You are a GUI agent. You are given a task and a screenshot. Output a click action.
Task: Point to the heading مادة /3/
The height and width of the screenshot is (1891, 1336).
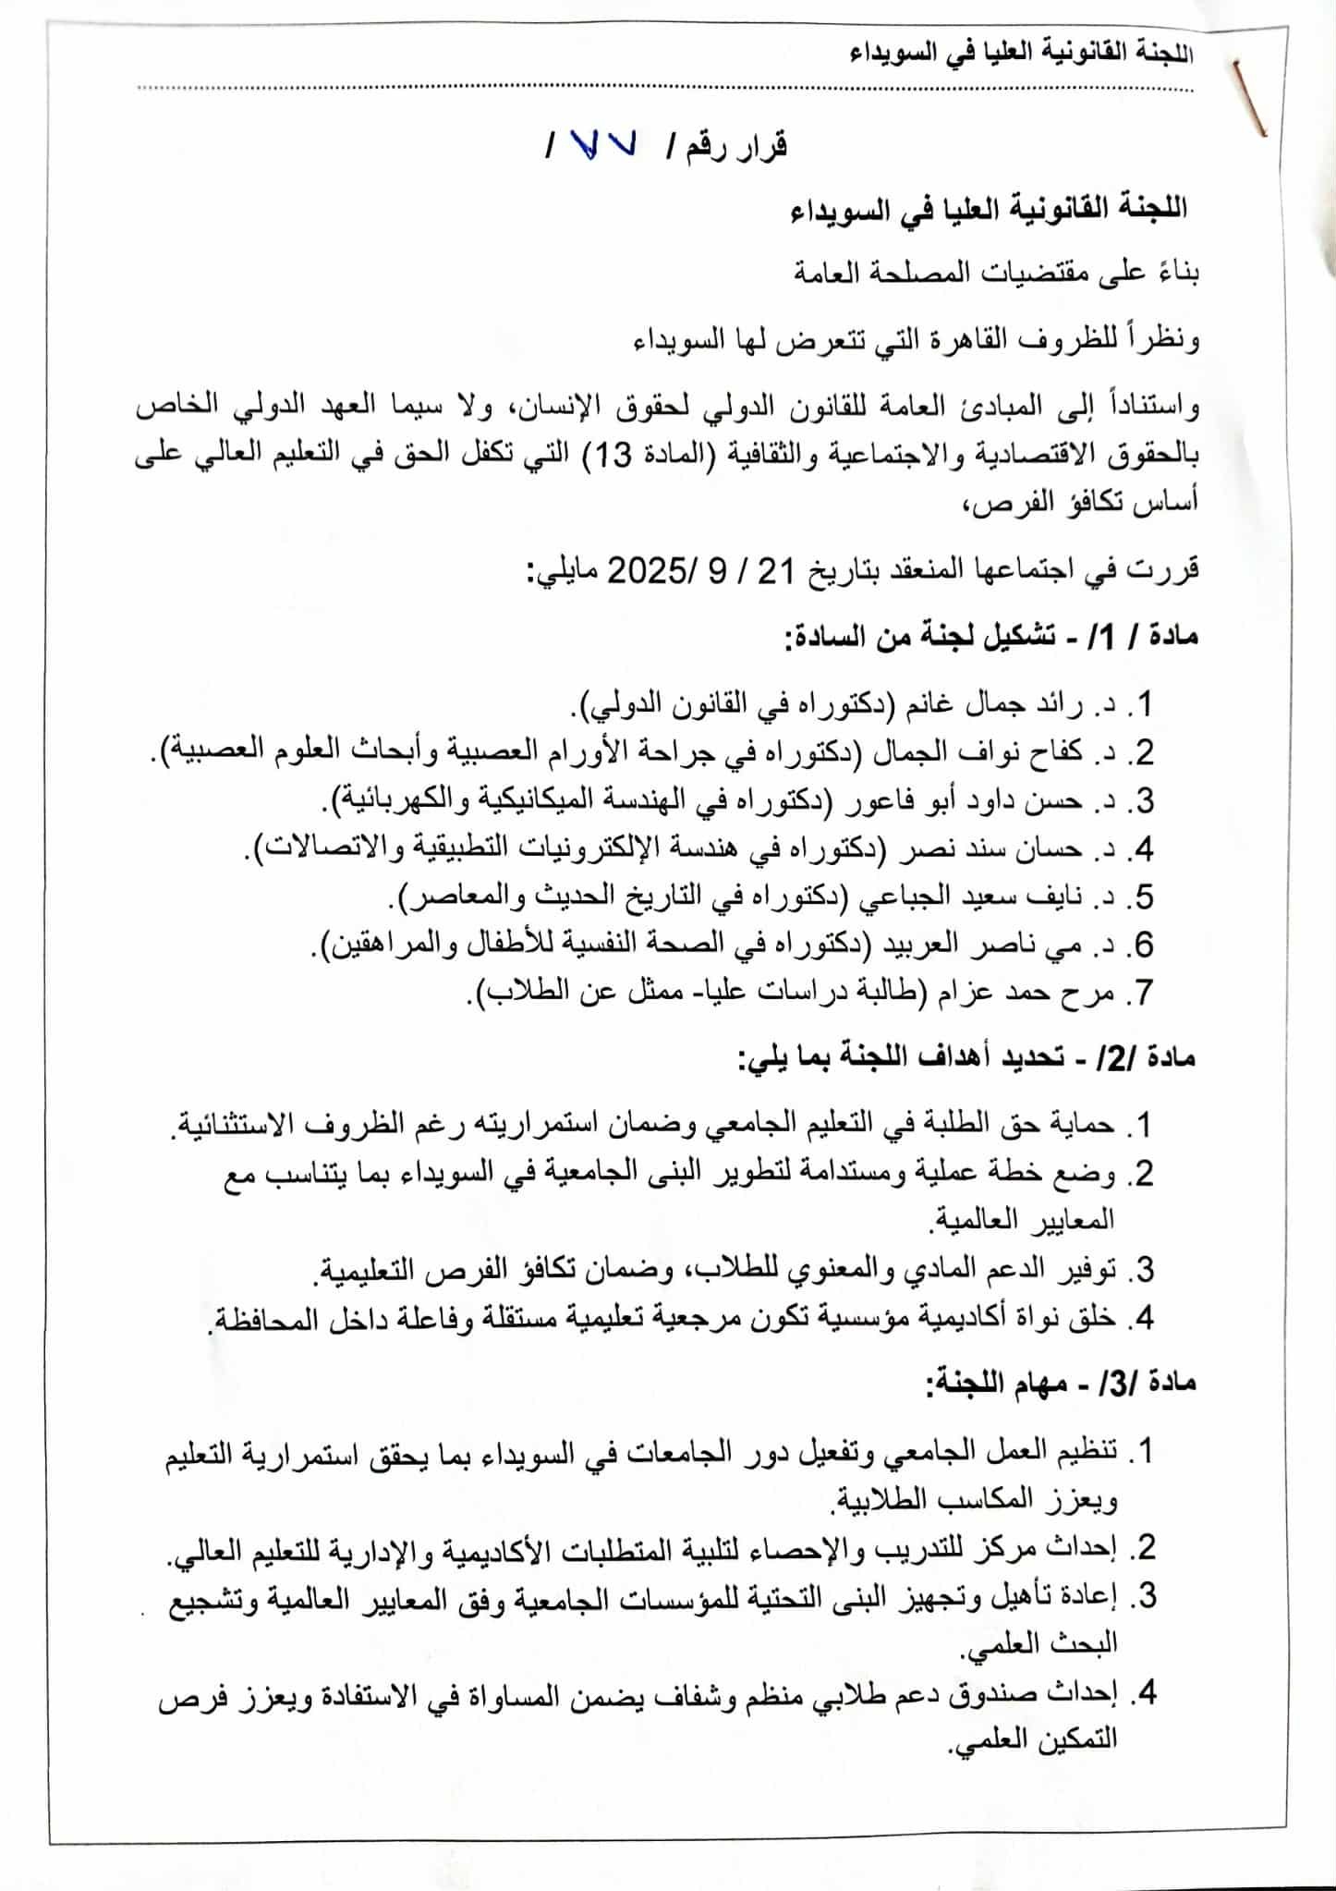tap(1154, 1384)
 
